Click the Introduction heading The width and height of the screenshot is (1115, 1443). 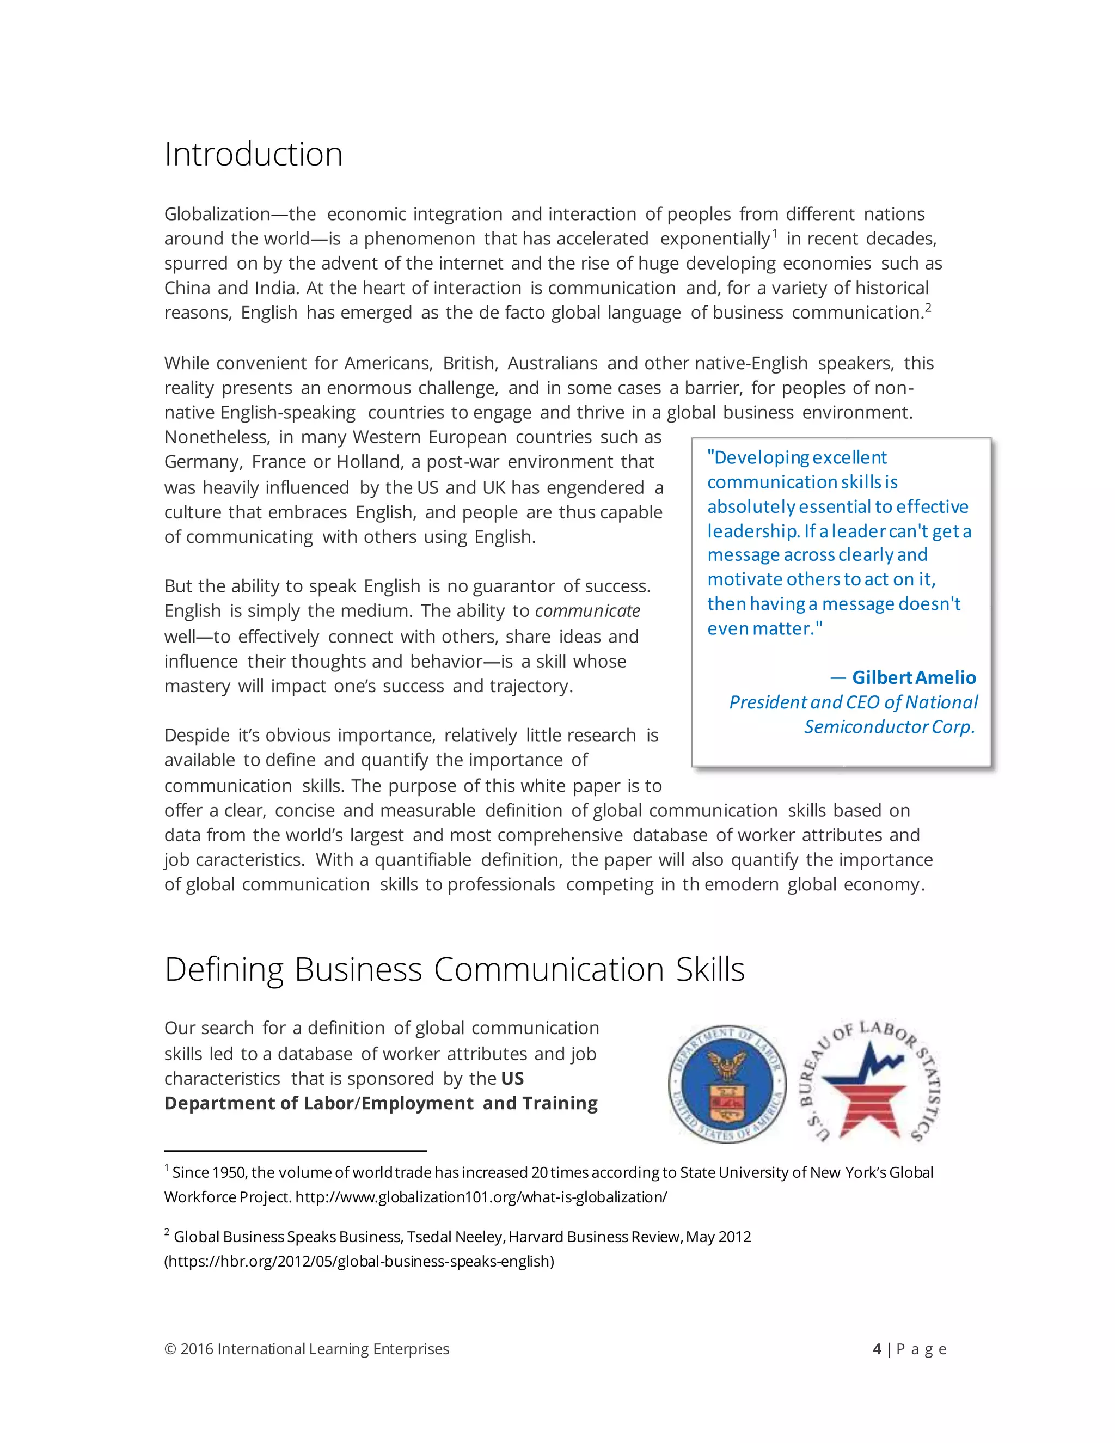254,155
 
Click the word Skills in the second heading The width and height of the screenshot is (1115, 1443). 710,970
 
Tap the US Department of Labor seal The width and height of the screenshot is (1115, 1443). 727,1084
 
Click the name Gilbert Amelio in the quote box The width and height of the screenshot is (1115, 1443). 914,677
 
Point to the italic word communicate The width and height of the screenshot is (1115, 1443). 587,611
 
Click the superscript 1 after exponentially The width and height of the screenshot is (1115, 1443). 775,233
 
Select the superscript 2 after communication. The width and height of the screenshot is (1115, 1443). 928,307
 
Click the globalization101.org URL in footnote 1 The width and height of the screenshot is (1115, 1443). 481,1197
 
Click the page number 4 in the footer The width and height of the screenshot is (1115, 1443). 877,1349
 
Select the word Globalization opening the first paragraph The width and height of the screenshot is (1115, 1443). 217,215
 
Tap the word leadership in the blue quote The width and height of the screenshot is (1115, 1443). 752,531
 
